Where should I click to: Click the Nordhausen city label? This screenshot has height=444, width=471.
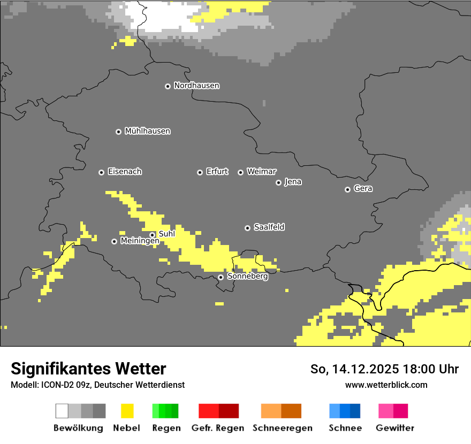pyautogui.click(x=196, y=86)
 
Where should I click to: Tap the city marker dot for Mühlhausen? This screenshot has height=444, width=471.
pyautogui.click(x=118, y=132)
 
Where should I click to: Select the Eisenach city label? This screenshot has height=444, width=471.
pyautogui.click(x=125, y=172)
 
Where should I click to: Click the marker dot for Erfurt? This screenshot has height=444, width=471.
pyautogui.click(x=200, y=172)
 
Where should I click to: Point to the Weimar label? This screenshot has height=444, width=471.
pyautogui.click(x=261, y=172)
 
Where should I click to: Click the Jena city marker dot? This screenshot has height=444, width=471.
pyautogui.click(x=278, y=182)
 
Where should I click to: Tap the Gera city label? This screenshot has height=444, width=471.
pyautogui.click(x=363, y=189)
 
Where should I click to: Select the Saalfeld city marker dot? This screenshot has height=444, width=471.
pyautogui.click(x=247, y=228)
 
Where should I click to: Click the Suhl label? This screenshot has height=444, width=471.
pyautogui.click(x=166, y=234)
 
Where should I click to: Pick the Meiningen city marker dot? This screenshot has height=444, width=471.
pyautogui.click(x=114, y=241)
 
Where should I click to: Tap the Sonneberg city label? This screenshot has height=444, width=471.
pyautogui.click(x=247, y=277)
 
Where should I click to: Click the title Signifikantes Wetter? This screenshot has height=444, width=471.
pyautogui.click(x=88, y=369)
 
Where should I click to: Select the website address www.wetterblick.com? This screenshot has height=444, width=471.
pyautogui.click(x=386, y=385)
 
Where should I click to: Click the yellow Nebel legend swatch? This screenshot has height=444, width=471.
pyautogui.click(x=127, y=411)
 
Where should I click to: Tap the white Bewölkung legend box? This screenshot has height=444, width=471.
pyautogui.click(x=62, y=411)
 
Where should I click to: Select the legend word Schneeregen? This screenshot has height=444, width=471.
pyautogui.click(x=282, y=428)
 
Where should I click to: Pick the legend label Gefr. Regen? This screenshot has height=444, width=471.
pyautogui.click(x=217, y=428)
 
